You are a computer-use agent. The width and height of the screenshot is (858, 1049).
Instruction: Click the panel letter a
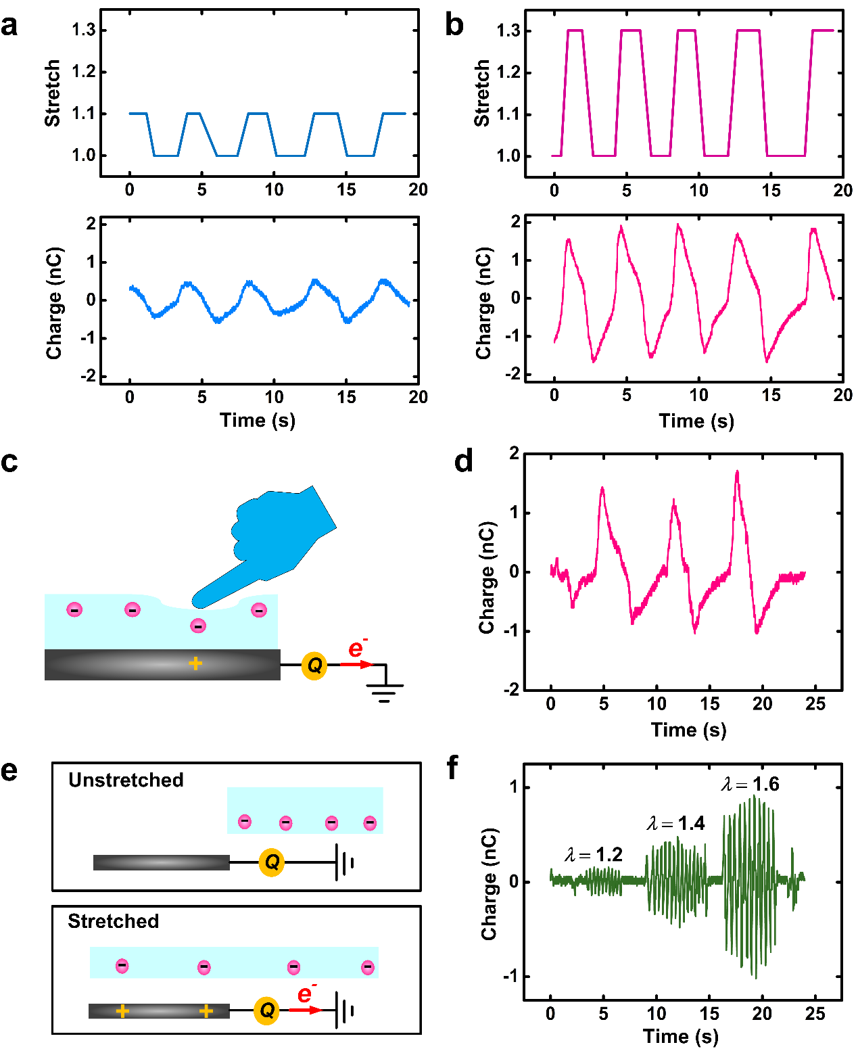tap(9, 26)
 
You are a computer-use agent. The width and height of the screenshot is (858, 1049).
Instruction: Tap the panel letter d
tap(464, 461)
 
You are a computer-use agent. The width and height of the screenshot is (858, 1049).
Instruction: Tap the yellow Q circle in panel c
tap(314, 666)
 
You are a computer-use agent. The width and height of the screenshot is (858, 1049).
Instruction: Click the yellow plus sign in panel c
tap(195, 663)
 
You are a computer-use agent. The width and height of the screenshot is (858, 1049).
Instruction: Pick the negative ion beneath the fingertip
tap(198, 626)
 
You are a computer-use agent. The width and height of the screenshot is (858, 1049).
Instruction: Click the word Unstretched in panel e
tap(126, 780)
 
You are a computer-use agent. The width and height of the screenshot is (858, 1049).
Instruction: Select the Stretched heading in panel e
tap(114, 921)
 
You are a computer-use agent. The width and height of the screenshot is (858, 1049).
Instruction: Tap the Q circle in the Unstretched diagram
tap(272, 862)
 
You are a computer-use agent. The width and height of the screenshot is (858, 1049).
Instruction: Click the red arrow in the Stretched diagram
tap(306, 1010)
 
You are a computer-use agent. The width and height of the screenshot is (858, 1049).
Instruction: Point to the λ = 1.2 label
tap(594, 855)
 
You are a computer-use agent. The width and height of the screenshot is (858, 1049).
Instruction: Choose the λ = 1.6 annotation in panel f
tap(750, 785)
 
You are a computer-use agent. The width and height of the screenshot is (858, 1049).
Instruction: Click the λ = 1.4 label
tap(675, 823)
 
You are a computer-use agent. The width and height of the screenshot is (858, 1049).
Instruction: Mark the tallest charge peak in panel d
tap(737, 472)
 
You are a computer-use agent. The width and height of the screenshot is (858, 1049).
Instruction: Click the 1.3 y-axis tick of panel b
tap(508, 31)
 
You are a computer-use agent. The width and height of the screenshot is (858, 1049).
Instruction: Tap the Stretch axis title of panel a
tap(53, 93)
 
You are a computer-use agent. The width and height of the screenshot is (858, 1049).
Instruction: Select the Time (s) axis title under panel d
tap(688, 730)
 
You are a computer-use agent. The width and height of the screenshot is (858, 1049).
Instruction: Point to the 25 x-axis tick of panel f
tap(815, 1013)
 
